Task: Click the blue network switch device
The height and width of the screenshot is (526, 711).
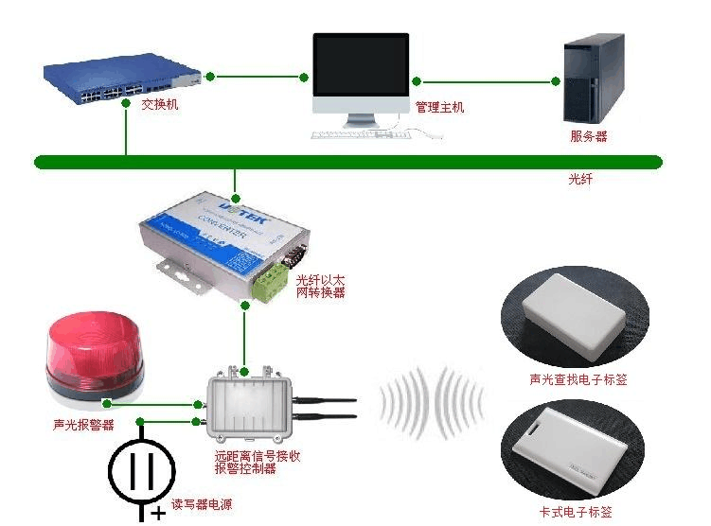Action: click(x=123, y=81)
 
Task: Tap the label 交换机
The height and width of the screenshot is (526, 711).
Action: click(x=159, y=105)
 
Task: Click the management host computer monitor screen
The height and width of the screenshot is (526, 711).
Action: click(x=361, y=72)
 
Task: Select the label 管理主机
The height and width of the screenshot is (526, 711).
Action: click(x=440, y=108)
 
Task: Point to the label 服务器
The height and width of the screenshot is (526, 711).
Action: click(x=588, y=136)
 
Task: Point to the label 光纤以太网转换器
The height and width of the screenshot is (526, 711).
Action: click(x=320, y=287)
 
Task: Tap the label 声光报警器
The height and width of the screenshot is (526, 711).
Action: click(x=83, y=425)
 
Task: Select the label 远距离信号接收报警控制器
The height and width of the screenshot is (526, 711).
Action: click(x=258, y=462)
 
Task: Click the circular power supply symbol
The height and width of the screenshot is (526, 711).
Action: click(x=142, y=469)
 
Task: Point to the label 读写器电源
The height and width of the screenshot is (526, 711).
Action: click(x=201, y=505)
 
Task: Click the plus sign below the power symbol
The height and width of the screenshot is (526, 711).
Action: click(x=157, y=515)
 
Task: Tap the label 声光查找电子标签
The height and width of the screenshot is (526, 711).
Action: click(x=578, y=380)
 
